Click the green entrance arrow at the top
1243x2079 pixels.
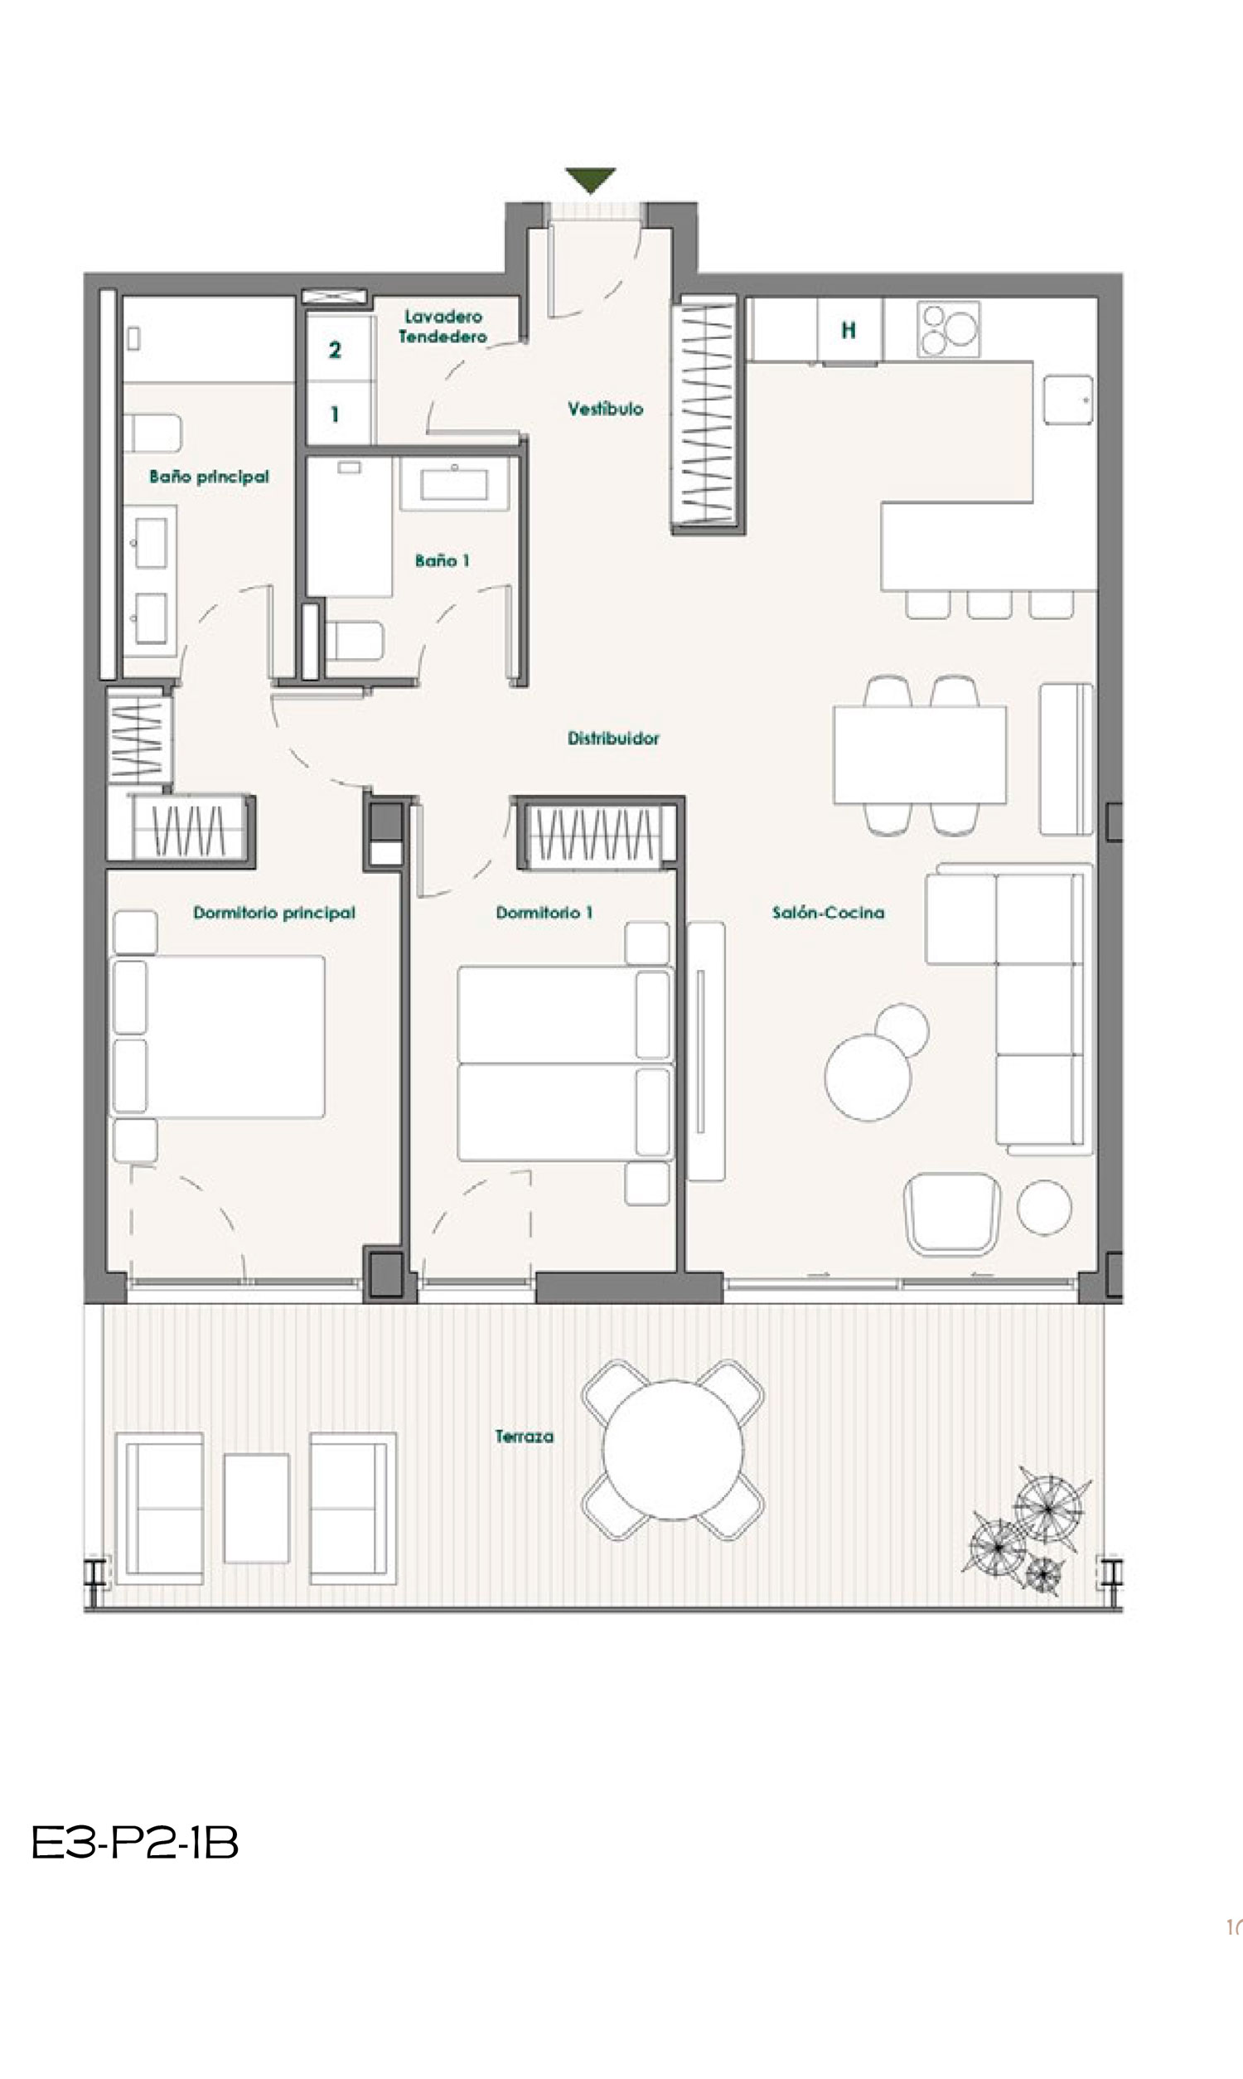pos(590,180)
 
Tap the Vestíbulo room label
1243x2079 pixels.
pos(606,409)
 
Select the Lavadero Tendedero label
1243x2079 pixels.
pos(443,327)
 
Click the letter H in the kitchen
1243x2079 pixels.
pos(849,330)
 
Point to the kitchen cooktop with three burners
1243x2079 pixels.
pos(949,328)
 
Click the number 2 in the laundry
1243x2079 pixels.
pos(335,350)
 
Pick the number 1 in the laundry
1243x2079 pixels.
pos(335,414)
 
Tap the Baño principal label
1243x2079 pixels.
pos(210,477)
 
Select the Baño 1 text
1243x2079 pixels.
pos(443,560)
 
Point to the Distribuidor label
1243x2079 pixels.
pos(613,738)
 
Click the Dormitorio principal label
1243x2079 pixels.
pos(274,912)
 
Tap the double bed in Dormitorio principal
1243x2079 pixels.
pos(218,1036)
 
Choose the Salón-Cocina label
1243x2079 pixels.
pos(828,912)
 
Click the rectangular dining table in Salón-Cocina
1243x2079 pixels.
pos(920,754)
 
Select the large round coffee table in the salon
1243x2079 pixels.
pos(868,1077)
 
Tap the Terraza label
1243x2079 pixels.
pos(525,1437)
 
